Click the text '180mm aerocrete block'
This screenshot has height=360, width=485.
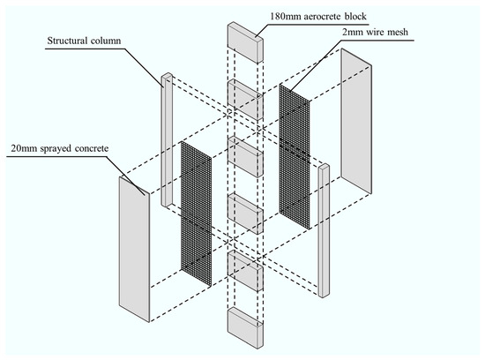318,16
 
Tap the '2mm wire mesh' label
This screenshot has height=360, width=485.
375,32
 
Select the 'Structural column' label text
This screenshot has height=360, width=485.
84,41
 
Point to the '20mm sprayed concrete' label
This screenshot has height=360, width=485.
60,148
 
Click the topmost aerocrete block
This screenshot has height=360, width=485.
246,42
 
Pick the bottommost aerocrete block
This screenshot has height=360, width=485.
246,328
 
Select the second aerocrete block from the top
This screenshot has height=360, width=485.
246,100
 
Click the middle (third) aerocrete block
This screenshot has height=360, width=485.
246,157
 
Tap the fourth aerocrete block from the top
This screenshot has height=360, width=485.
246,214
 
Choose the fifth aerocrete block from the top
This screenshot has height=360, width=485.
246,271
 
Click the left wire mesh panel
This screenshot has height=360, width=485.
196,214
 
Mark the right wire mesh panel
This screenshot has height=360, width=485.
295,156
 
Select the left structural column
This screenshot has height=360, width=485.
167,140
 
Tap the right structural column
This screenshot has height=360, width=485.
324,230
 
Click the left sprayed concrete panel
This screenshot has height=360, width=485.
134,249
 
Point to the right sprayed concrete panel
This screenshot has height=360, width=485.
356,122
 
